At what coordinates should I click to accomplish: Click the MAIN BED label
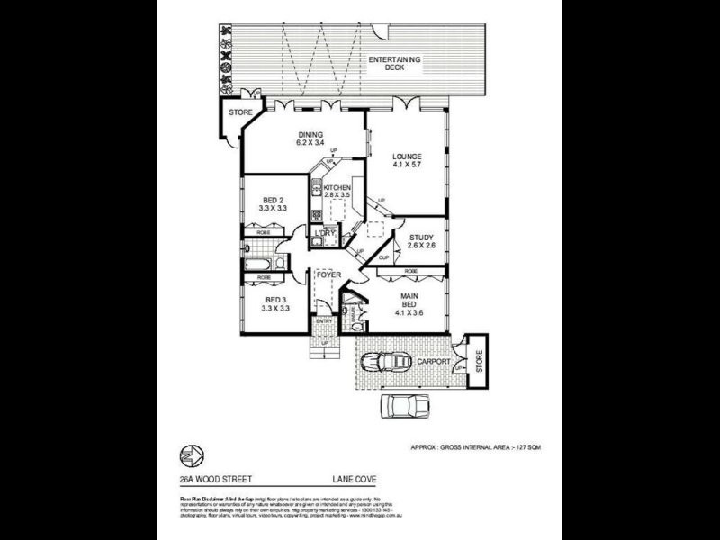[407, 305]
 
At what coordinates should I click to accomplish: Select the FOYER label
[328, 273]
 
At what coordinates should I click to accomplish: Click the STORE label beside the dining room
[238, 112]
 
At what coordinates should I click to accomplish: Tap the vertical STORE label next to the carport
[479, 361]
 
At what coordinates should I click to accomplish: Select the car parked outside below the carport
[400, 406]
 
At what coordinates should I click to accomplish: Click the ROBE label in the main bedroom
[410, 270]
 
